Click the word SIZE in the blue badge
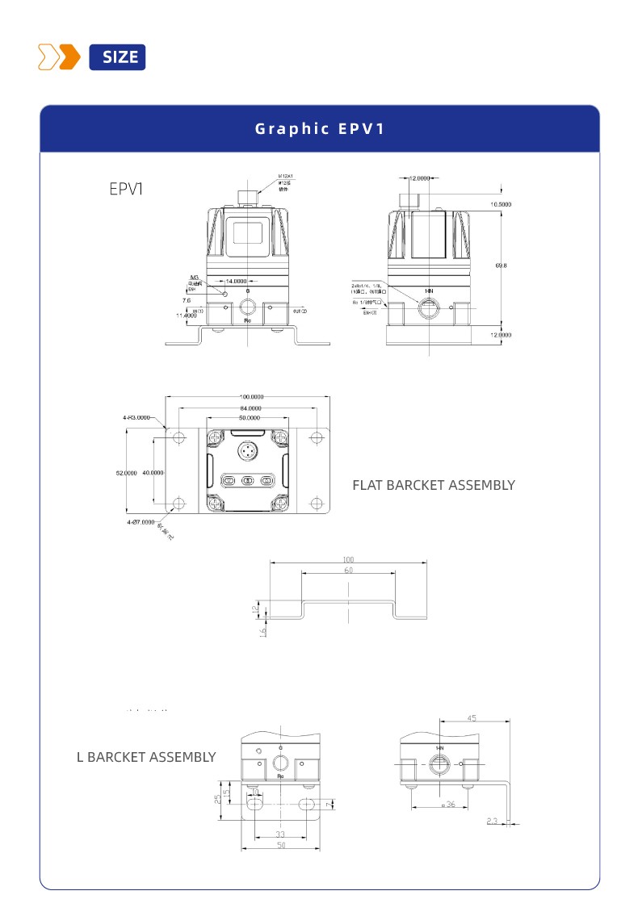pyautogui.click(x=120, y=57)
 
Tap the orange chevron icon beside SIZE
pyautogui.click(x=60, y=57)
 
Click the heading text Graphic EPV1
pyautogui.click(x=319, y=128)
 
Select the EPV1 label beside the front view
pyautogui.click(x=127, y=189)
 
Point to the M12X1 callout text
pyautogui.click(x=285, y=175)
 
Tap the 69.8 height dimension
pyautogui.click(x=501, y=265)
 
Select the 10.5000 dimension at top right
pyautogui.click(x=501, y=204)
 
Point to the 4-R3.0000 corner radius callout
pyautogui.click(x=136, y=418)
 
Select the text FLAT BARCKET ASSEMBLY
pyautogui.click(x=433, y=485)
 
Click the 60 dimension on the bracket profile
pyautogui.click(x=348, y=571)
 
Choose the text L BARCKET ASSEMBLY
pyautogui.click(x=146, y=757)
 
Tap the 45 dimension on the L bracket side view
pyautogui.click(x=472, y=717)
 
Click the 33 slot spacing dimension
pyautogui.click(x=280, y=834)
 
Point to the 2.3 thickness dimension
pyautogui.click(x=493, y=821)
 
